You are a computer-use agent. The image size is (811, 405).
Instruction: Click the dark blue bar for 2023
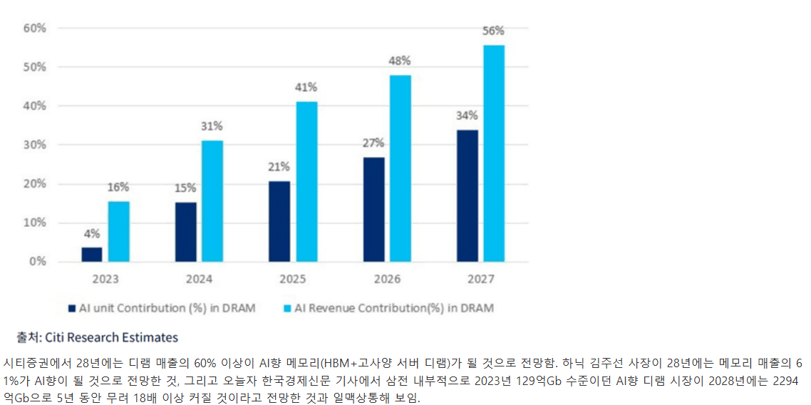[91, 254]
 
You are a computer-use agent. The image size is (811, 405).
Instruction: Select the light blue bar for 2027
[494, 153]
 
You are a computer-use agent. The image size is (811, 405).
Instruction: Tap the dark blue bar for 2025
[279, 221]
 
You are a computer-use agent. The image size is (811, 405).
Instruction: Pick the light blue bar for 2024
[212, 201]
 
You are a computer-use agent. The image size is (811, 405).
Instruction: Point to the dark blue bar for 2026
[373, 209]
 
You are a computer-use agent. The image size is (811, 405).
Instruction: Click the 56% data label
[494, 31]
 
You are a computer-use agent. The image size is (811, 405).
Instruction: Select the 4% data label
[91, 233]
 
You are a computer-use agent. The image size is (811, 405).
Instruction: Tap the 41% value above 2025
[307, 88]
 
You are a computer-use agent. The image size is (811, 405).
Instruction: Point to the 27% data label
[373, 143]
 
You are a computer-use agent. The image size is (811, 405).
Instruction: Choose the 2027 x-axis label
[480, 279]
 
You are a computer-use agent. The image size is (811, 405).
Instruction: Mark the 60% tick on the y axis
[35, 29]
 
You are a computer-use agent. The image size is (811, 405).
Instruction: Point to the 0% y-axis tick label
[38, 262]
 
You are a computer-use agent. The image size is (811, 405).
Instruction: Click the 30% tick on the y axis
[35, 145]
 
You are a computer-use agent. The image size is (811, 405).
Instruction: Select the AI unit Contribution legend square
[71, 309]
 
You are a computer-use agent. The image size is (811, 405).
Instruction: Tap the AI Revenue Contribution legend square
[287, 309]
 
